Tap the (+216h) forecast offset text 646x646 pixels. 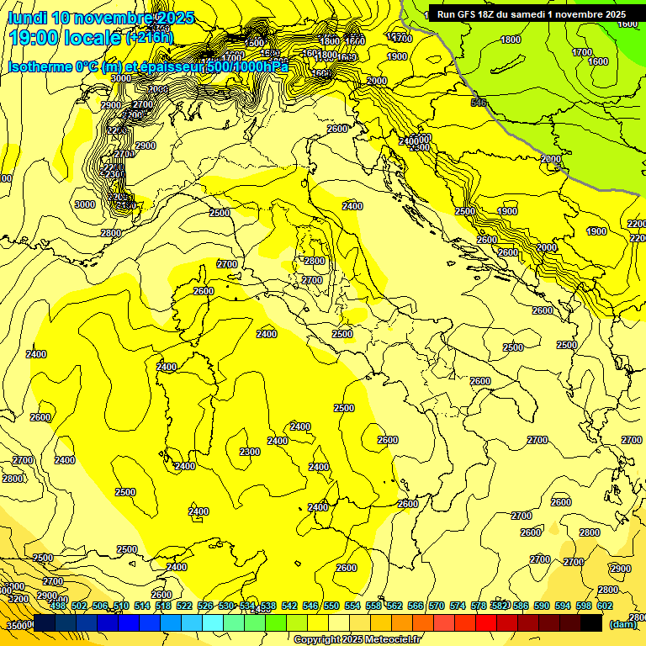coord(149,37)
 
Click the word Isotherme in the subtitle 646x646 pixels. coord(40,66)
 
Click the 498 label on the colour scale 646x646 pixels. coord(58,606)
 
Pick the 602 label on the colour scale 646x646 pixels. coord(605,606)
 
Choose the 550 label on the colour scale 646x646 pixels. coord(331,606)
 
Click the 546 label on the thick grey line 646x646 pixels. coord(479,103)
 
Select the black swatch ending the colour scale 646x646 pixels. coord(591,622)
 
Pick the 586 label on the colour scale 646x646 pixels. coord(521,606)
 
